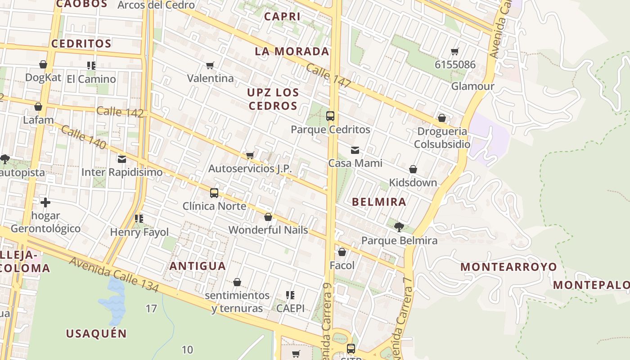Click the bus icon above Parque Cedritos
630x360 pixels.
(330, 116)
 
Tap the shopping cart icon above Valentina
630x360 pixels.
(210, 66)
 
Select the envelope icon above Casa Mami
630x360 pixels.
(355, 150)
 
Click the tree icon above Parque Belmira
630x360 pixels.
(399, 227)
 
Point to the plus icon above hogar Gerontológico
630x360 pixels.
(45, 202)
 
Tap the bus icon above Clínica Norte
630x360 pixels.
(214, 193)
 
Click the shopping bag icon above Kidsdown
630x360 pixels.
(413, 169)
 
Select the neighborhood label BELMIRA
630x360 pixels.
(379, 202)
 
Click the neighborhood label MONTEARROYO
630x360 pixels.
(508, 267)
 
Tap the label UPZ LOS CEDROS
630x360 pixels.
(273, 99)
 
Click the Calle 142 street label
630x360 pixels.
(120, 112)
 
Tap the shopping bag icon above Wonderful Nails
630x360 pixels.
(268, 217)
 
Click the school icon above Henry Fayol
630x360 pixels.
(139, 219)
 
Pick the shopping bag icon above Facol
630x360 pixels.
(342, 252)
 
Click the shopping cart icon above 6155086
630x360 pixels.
(455, 52)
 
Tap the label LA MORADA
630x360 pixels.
(292, 51)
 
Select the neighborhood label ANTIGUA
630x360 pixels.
(198, 266)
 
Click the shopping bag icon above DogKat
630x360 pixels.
(43, 64)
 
